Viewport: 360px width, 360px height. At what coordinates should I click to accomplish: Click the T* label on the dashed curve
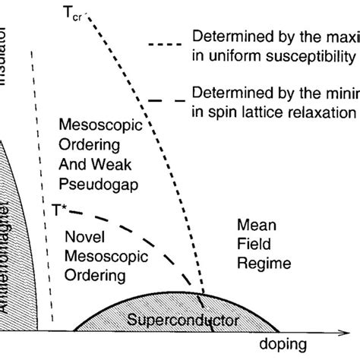point(58,207)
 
